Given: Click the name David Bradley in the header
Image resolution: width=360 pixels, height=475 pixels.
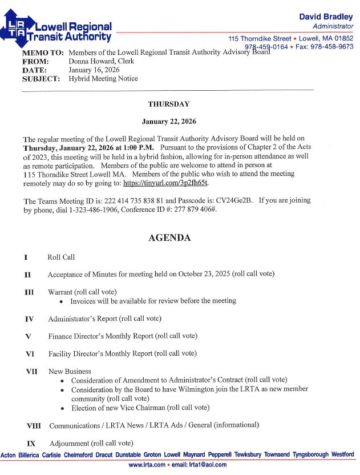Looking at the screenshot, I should pos(326,17).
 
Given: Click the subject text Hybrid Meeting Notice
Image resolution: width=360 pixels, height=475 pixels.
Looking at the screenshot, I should pos(103,79).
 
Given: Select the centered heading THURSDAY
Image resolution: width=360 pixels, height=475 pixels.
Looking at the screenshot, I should pos(168,104).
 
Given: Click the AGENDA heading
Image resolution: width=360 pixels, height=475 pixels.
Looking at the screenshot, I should pos(169,238).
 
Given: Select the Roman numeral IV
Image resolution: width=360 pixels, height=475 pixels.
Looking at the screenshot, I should pos(29,319).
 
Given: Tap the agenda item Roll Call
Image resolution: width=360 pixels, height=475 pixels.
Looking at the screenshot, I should pos(61,257).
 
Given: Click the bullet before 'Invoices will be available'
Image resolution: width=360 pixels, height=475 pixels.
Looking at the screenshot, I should pos(62,301).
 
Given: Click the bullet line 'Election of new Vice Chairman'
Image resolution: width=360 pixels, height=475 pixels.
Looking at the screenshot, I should pos(140,408).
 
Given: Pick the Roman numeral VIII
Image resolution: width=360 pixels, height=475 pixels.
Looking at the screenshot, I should pos(34,426).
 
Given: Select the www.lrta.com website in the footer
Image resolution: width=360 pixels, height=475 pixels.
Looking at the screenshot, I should pos(147,465).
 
